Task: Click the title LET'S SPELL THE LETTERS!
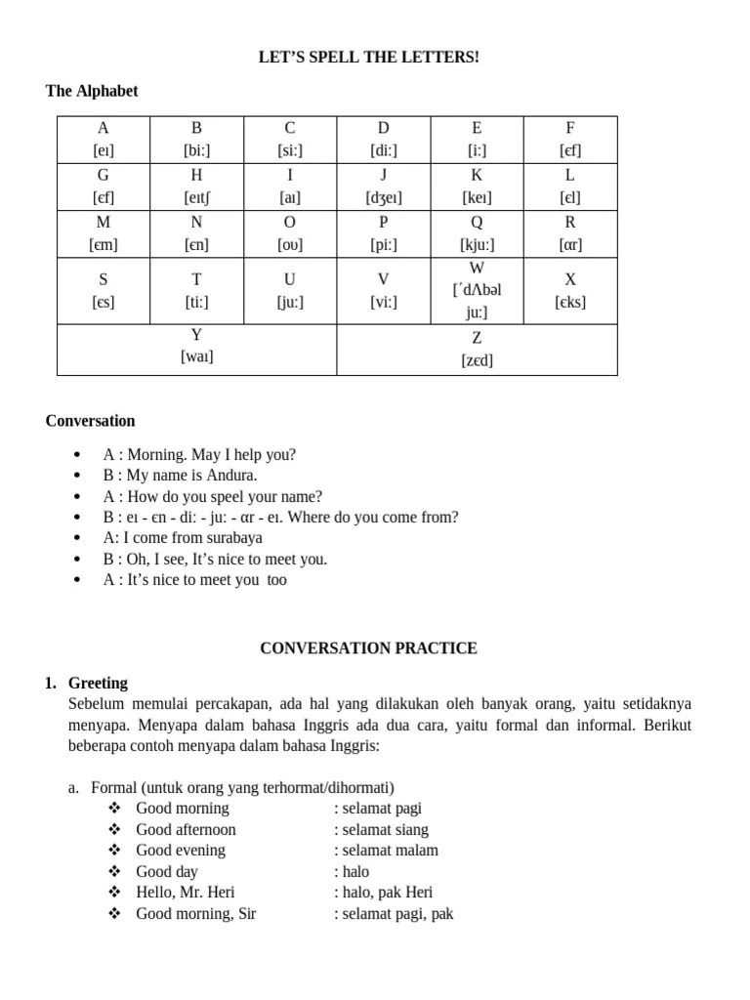coord(369,59)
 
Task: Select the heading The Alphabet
coord(92,91)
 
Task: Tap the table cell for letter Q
coord(477,234)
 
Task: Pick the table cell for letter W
coord(477,290)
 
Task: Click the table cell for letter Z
coord(477,350)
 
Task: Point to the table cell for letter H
coord(196,187)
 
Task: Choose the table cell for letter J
coord(384,187)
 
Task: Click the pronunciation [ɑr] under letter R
coord(570,245)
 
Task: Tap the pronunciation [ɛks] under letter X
coord(570,302)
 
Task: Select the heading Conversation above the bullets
coord(90,421)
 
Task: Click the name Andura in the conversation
coord(230,476)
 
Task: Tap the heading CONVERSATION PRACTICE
coord(368,647)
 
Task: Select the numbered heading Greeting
coord(99,683)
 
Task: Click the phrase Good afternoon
coord(186,829)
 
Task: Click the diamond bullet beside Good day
coord(114,871)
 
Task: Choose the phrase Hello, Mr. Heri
coord(186,892)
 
